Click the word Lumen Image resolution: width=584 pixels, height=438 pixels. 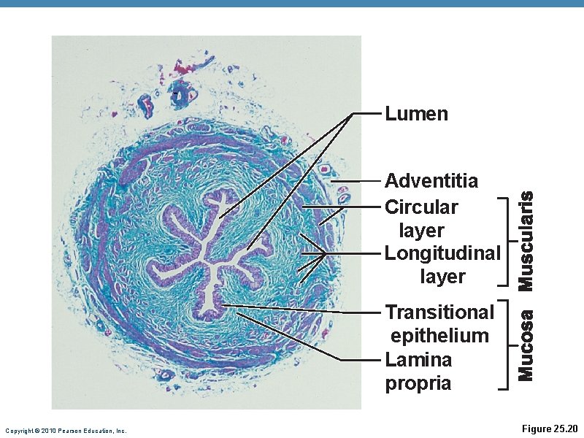[416, 114]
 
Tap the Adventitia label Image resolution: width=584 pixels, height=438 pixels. [431, 180]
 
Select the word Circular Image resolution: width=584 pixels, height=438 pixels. [421, 207]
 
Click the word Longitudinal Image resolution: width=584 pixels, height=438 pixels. [442, 253]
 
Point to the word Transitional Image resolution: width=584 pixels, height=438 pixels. [439, 312]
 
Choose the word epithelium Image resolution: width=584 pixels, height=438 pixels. [439, 336]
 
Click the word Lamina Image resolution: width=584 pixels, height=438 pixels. [418, 359]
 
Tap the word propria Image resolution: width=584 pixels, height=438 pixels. [418, 383]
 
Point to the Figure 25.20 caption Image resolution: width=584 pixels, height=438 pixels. [550, 429]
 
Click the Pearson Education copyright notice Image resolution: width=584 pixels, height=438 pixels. [66, 431]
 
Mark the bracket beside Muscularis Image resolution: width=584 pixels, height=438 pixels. [505, 241]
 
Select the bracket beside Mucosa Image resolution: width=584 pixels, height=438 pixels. [505, 343]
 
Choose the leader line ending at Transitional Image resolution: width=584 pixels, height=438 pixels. [307, 309]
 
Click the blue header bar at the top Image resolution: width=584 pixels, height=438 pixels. [292, 4]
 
